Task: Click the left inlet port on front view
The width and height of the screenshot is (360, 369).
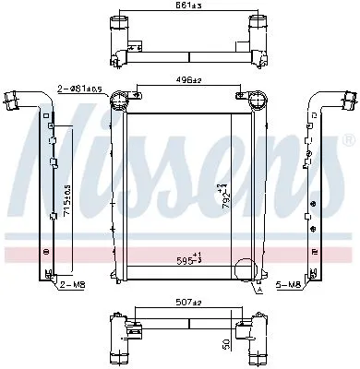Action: (119, 100)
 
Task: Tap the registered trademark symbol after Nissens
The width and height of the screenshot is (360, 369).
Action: (347, 140)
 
